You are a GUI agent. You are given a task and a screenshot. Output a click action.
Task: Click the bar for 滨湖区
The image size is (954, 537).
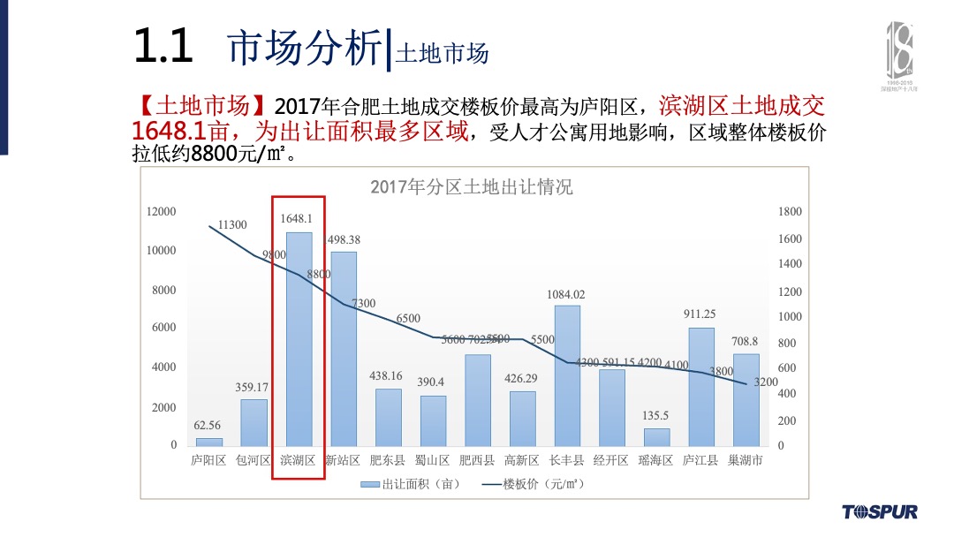point(299,339)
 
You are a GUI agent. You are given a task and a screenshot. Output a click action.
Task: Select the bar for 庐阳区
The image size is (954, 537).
point(209,442)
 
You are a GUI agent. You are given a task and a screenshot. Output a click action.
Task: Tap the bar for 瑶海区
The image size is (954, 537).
point(656,436)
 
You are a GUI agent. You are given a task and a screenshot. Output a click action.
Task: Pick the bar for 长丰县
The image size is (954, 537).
point(567,375)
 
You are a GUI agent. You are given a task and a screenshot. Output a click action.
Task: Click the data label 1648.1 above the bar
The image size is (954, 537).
point(296,218)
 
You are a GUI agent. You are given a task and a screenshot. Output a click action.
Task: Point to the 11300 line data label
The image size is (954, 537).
point(232,225)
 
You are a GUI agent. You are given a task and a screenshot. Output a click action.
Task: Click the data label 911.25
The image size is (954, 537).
point(700,314)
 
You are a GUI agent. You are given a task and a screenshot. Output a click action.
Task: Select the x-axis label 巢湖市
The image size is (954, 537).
point(745,460)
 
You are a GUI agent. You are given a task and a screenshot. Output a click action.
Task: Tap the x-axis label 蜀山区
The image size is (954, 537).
point(433,460)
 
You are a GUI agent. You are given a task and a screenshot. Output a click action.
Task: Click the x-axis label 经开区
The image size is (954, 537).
point(611,460)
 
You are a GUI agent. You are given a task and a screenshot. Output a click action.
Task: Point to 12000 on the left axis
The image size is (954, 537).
point(162,212)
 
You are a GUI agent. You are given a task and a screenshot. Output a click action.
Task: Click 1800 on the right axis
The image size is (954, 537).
point(790,212)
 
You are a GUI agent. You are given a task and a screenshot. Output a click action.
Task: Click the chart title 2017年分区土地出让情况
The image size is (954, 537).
point(472,187)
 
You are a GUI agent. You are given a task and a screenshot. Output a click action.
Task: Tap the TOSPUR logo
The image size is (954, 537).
point(879,511)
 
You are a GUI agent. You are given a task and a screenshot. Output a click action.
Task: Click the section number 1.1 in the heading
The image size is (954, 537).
point(163,46)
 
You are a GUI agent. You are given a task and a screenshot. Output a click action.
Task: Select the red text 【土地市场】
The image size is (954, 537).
point(202,108)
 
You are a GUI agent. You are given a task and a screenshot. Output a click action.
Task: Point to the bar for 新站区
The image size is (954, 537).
point(344,349)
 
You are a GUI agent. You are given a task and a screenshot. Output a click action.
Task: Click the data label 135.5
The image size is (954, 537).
point(655,414)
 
